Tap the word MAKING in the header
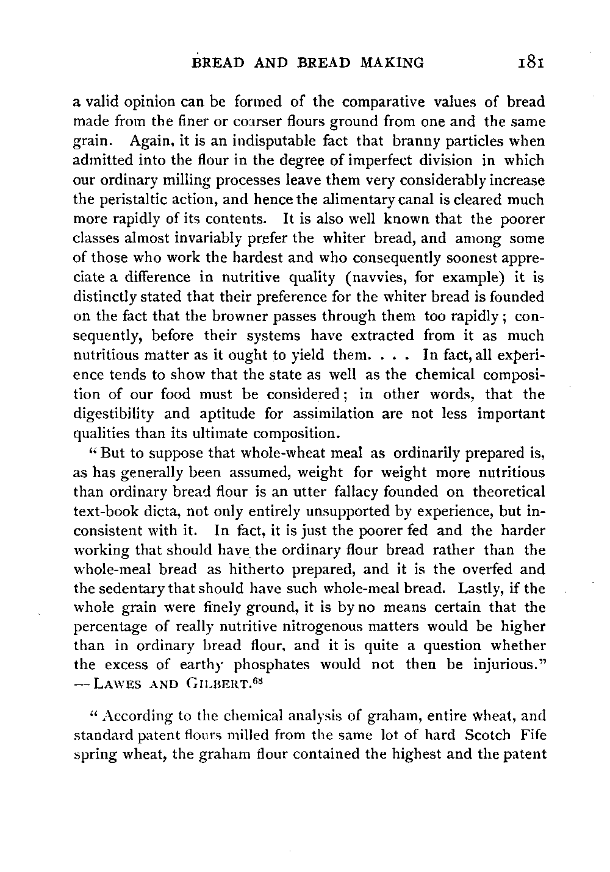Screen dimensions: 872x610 [392, 62]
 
